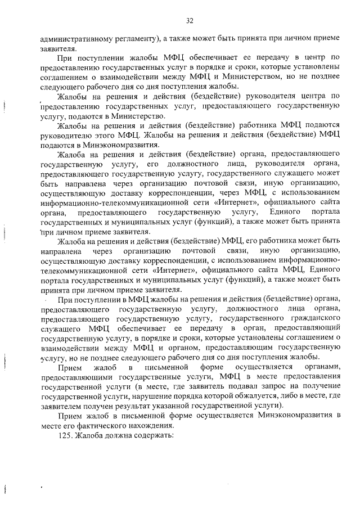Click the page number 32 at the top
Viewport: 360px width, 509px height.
(x=190, y=21)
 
